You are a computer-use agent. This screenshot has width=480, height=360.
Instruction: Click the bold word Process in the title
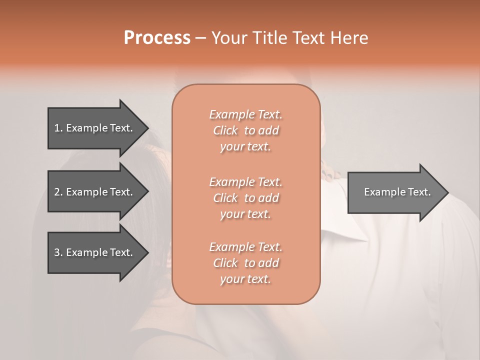tap(157, 38)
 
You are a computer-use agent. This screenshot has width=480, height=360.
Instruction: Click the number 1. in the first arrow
tap(58, 128)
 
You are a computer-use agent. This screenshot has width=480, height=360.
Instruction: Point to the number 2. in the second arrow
tap(58, 192)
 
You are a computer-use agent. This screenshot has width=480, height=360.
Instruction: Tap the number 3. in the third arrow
tap(58, 252)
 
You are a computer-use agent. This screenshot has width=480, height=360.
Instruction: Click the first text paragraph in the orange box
tap(246, 130)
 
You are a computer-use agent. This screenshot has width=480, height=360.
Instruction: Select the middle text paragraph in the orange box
tap(246, 198)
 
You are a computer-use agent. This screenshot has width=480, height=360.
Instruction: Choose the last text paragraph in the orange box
tap(246, 263)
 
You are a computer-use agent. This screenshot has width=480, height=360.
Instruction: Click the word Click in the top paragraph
tap(225, 130)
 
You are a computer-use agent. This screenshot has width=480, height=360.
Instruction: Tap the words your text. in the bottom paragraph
tap(245, 279)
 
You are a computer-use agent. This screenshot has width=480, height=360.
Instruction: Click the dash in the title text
tap(201, 38)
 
